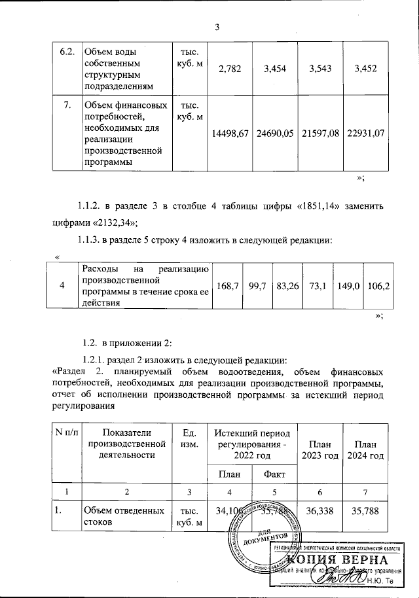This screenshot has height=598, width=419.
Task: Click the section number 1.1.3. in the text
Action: (x=94, y=241)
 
